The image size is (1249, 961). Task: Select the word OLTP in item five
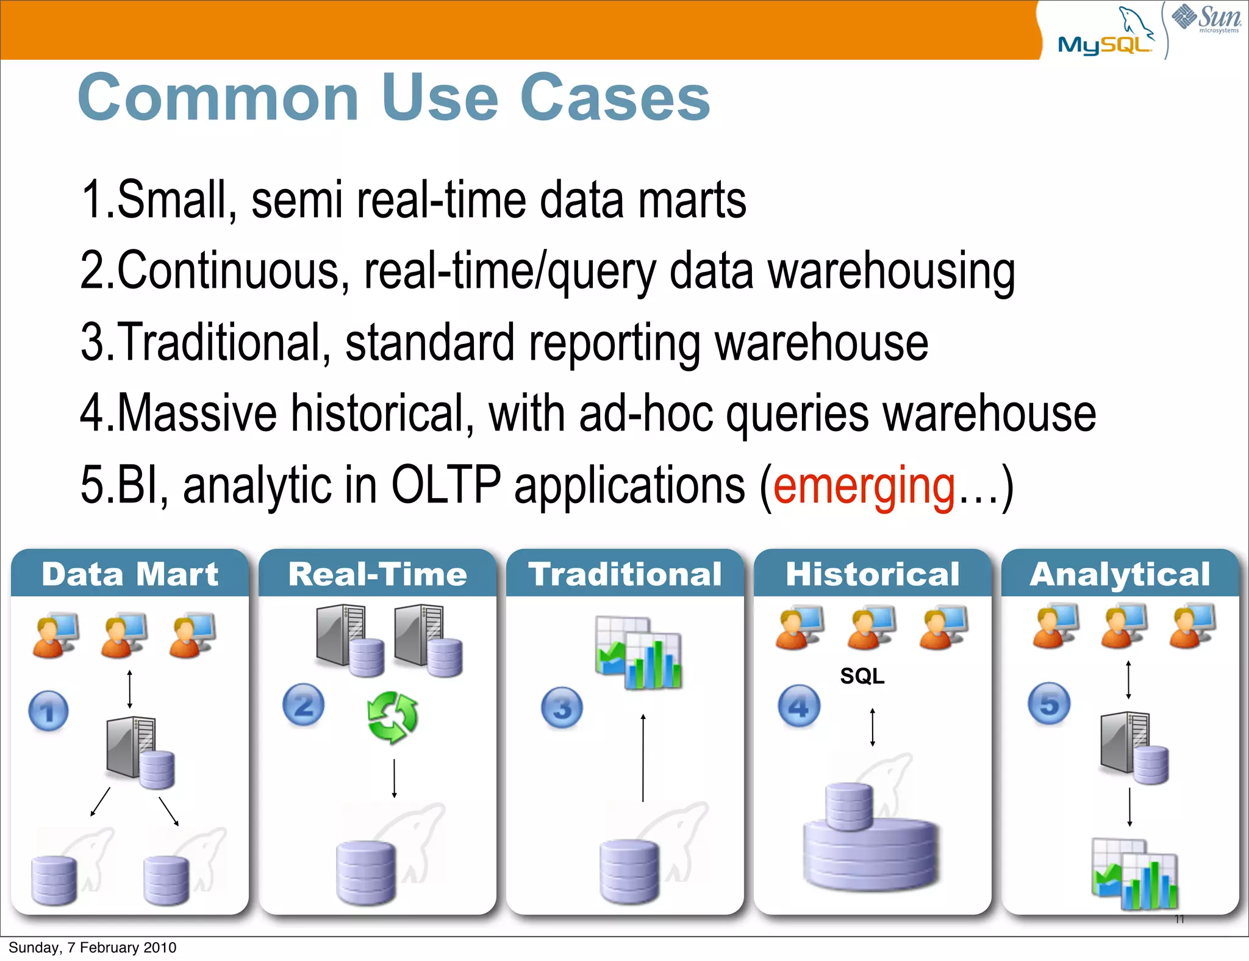[x=446, y=485]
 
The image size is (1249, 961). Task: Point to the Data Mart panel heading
[x=130, y=574]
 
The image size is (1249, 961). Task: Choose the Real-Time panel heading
[x=378, y=574]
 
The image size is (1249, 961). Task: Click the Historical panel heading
[x=872, y=574]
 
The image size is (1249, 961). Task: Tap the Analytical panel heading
[x=1120, y=574]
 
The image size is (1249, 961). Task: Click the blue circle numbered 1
[x=49, y=711]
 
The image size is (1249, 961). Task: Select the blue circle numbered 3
[x=562, y=708]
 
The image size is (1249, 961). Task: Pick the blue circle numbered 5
[x=1049, y=704]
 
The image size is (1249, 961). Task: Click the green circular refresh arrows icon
[x=392, y=717]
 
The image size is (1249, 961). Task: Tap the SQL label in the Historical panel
[x=862, y=676]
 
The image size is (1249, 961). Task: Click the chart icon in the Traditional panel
[x=638, y=653]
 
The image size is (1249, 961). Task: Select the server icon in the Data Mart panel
[x=139, y=751]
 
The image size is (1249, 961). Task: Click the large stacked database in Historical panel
[x=871, y=845]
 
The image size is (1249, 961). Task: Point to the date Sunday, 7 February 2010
[x=93, y=948]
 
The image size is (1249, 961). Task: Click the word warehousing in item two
[x=891, y=271]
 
